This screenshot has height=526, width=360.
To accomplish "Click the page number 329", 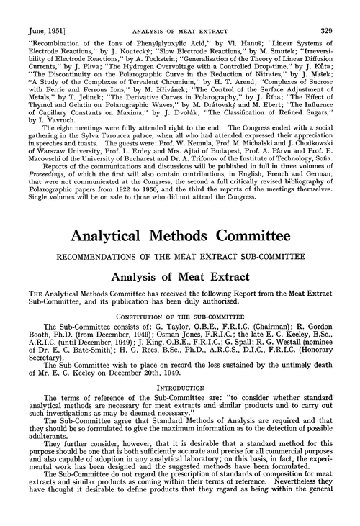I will click(337, 8).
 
